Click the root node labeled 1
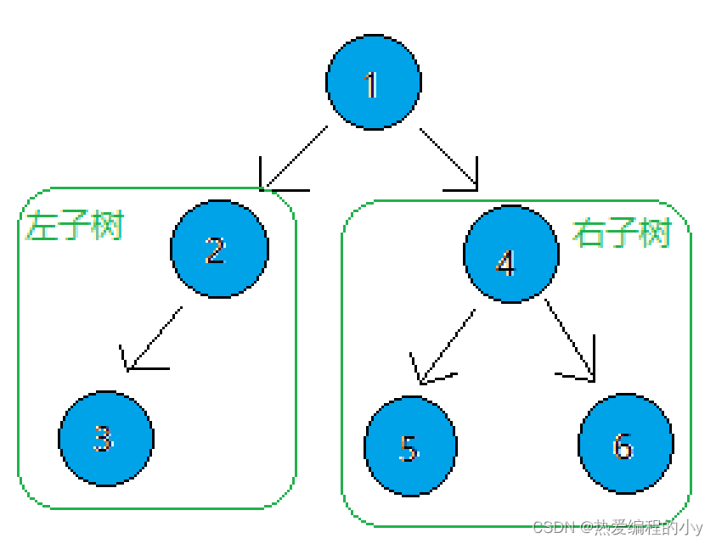(374, 82)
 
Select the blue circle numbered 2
(219, 249)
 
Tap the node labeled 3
(106, 438)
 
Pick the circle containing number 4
(510, 254)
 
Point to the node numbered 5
(410, 446)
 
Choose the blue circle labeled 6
(625, 444)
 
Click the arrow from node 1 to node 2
(295, 158)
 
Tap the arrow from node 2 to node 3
(154, 339)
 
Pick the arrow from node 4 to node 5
(447, 345)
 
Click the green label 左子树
(75, 227)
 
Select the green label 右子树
(621, 232)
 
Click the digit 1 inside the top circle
(371, 85)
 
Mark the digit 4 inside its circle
(506, 262)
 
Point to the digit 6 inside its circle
(623, 446)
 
